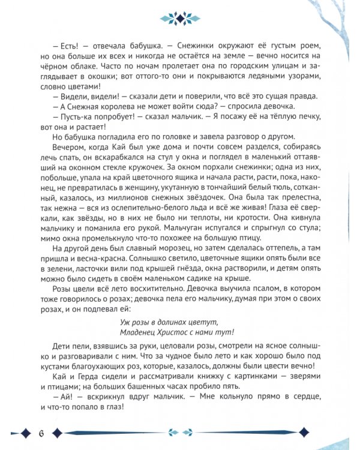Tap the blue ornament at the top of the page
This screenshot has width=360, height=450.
[180, 20]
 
